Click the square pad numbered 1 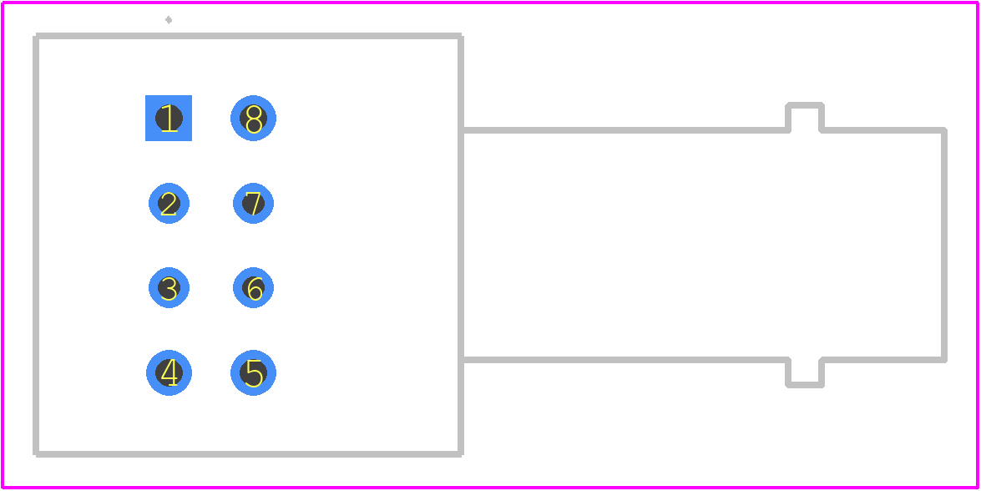[x=169, y=119]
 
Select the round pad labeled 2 [x=169, y=203]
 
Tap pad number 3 [x=169, y=288]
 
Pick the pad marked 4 [x=169, y=372]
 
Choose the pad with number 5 [x=253, y=372]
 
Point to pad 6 [x=253, y=288]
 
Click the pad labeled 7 [x=253, y=203]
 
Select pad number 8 [x=253, y=119]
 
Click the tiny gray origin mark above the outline [x=169, y=20]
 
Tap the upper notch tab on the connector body [x=805, y=105]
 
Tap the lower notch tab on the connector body [x=805, y=385]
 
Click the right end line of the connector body [x=944, y=245]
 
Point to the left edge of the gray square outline [x=36, y=245]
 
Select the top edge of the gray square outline [x=248, y=36]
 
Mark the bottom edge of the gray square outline [x=248, y=454]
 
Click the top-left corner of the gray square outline [x=36, y=36]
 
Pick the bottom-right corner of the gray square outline [x=461, y=454]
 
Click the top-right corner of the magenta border [x=978, y=3]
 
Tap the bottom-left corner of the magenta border [x=3, y=488]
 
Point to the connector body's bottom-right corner [x=944, y=360]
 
